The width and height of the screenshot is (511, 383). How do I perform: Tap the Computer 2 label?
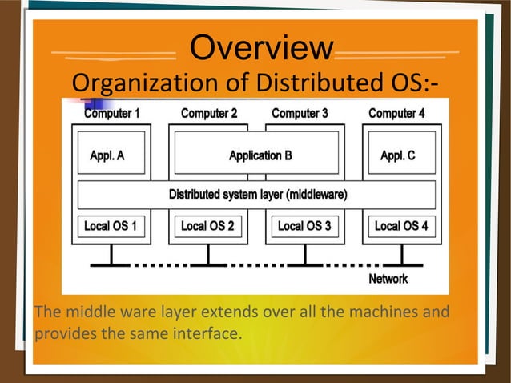tap(209, 113)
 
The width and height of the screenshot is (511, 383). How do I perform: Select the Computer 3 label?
tap(300, 113)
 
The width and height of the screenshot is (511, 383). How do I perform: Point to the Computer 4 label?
tap(397, 113)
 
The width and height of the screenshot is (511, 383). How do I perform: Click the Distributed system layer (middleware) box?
tap(257, 195)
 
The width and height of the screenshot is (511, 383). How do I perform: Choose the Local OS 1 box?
tap(111, 226)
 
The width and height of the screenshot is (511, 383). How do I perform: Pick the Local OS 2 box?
tap(207, 226)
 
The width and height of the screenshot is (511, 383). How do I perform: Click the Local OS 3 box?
tap(304, 226)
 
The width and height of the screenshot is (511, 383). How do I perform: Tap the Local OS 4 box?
tap(401, 226)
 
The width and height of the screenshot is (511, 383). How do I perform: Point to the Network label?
tap(388, 279)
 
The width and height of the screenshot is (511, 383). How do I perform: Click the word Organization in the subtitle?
tap(135, 83)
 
